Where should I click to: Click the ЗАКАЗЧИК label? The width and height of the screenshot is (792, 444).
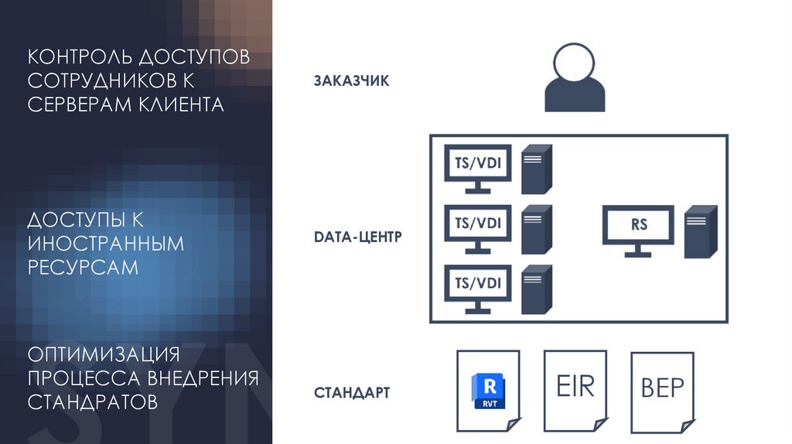351,80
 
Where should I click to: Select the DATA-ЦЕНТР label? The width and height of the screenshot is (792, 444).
358,237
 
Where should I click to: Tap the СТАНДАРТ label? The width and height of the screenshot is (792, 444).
352,393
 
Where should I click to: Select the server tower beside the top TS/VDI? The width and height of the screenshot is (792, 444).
536,169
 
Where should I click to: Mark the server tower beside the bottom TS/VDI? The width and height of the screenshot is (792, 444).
536,289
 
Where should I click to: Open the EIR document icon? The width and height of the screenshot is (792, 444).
575,388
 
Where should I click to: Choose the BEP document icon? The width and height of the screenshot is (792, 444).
662,389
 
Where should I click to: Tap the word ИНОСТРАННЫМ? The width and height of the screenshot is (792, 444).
107,244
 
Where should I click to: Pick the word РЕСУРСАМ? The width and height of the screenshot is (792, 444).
84,267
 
